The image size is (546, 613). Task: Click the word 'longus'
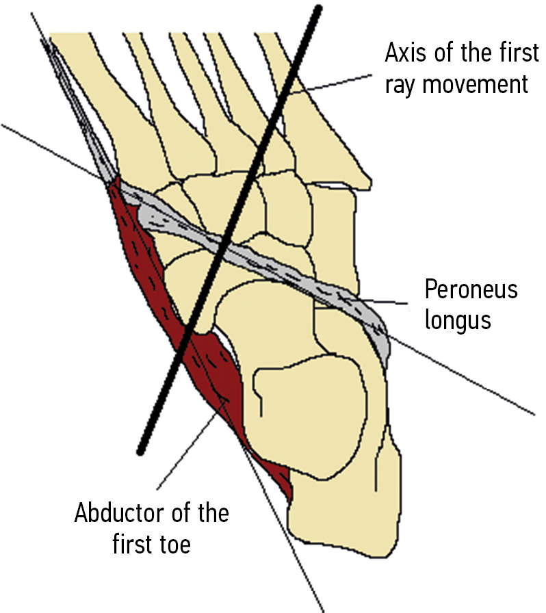pos(458,320)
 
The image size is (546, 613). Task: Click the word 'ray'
pos(400,86)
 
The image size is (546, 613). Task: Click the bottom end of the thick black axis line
pos(141,451)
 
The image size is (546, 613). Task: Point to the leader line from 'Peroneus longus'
pos(383,302)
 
